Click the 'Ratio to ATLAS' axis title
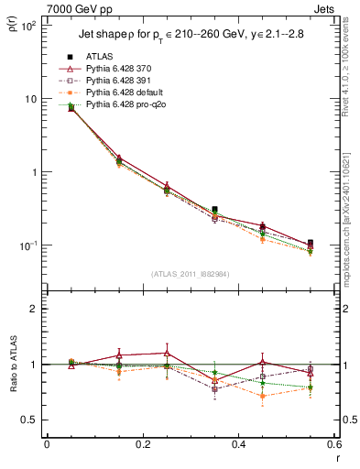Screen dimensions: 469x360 pos(12,387)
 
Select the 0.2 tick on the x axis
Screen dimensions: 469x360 pos(142,444)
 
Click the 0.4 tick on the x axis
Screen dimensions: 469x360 pos(238,444)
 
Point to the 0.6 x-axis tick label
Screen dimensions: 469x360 pos(333,444)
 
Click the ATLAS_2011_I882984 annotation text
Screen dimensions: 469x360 pos(191,273)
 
